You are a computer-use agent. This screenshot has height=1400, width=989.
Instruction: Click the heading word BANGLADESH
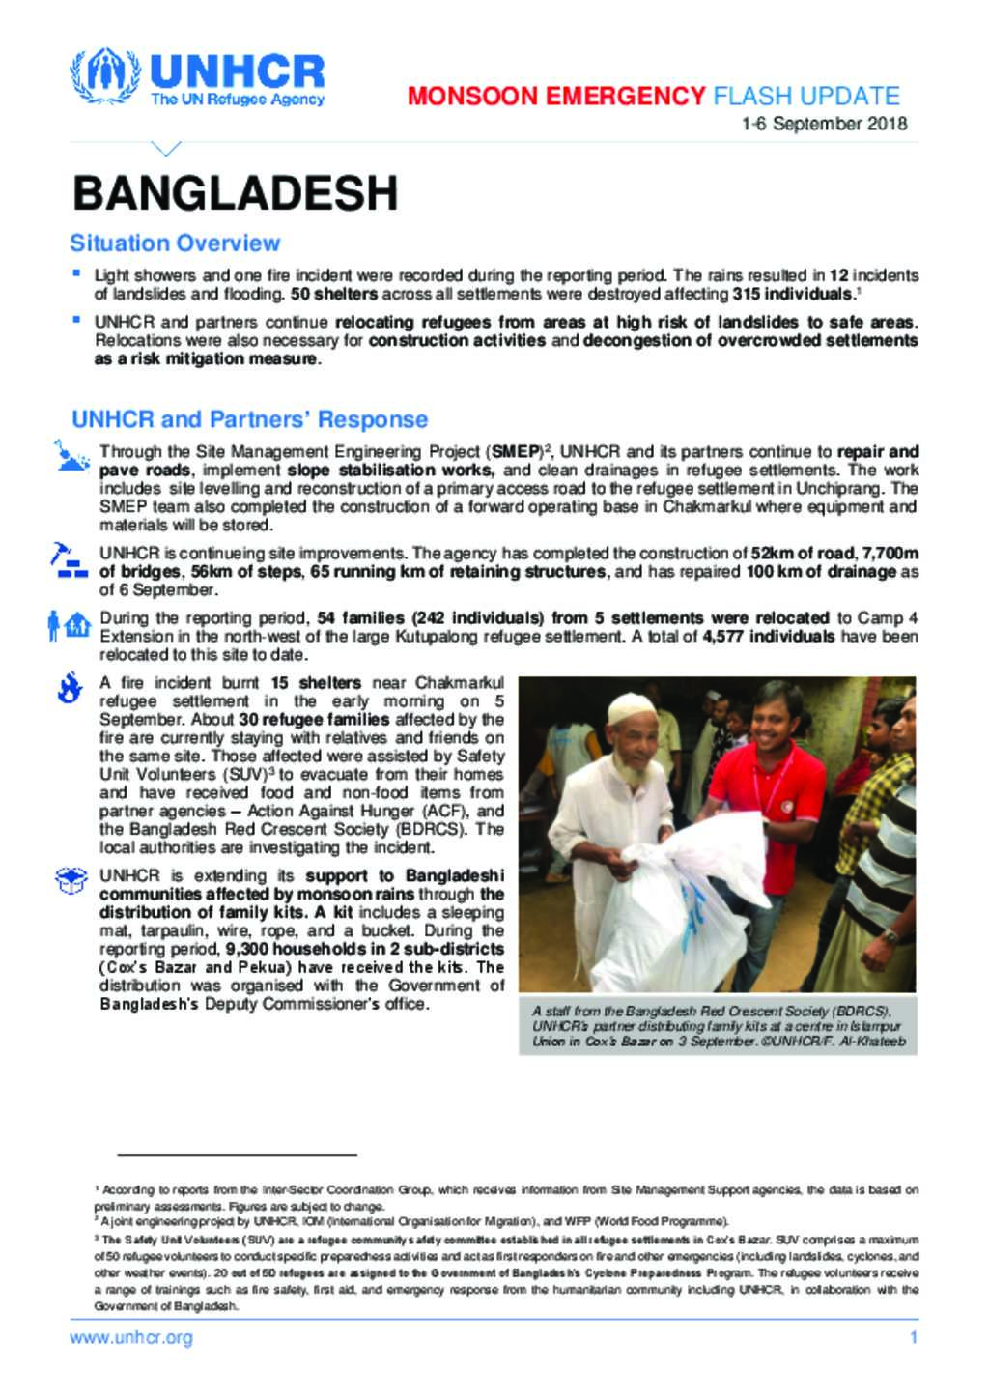coord(235,193)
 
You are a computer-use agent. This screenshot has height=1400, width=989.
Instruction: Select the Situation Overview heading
coord(175,243)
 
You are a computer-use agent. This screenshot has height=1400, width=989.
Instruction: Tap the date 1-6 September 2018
coord(824,124)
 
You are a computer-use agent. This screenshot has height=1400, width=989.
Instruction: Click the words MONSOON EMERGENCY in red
coord(556,96)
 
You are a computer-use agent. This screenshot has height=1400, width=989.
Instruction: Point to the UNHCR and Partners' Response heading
coord(249,419)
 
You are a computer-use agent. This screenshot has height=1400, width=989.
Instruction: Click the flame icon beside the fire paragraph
coord(69,688)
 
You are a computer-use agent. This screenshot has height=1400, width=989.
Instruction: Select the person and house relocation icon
coord(69,625)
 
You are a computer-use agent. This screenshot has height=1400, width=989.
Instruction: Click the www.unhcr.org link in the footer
coord(130,1338)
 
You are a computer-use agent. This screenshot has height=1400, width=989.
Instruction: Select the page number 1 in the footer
coord(913,1338)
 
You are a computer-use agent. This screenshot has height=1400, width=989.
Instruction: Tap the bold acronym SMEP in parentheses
coord(516,451)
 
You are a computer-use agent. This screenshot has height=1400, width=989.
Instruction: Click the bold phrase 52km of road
coord(802,554)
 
